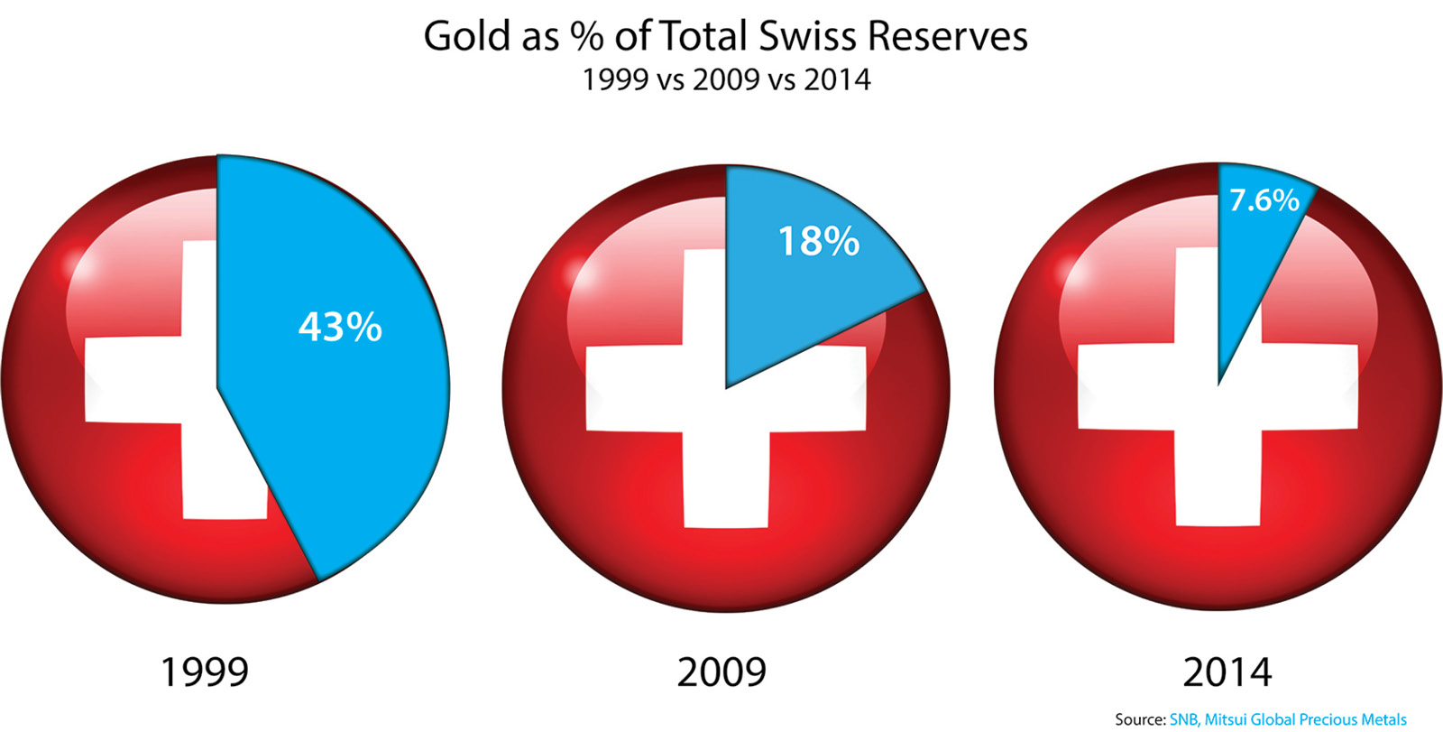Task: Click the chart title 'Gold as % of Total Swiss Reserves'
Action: click(725, 36)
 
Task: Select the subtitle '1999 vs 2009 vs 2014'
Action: click(726, 79)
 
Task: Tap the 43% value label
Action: click(340, 327)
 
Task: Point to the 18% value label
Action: click(818, 241)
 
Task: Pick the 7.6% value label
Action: click(1264, 199)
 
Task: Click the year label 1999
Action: click(204, 672)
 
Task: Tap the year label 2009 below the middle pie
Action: click(721, 672)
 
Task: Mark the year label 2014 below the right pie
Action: click(1227, 672)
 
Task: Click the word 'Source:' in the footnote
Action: click(1140, 719)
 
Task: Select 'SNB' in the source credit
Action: click(1184, 719)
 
